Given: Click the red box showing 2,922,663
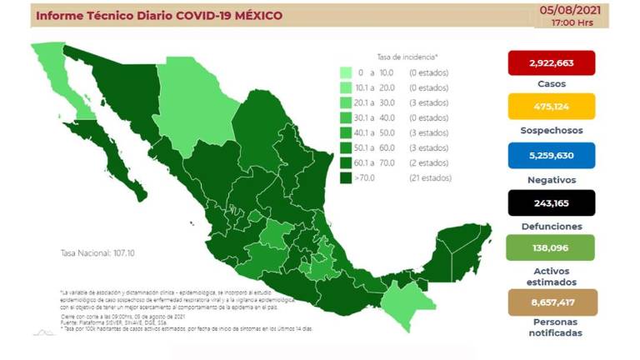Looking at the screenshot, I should (551, 62).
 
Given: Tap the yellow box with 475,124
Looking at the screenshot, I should (551, 106).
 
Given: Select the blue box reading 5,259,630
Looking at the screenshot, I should (551, 155).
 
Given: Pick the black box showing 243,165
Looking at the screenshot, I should (551, 202).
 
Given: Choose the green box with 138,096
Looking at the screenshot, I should (551, 247).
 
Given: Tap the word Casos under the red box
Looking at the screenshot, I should (551, 84).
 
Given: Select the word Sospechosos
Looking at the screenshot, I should (551, 130).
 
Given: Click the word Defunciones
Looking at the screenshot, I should (551, 226).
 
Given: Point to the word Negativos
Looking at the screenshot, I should (551, 178).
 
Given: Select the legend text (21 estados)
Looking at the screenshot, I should (431, 178).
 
